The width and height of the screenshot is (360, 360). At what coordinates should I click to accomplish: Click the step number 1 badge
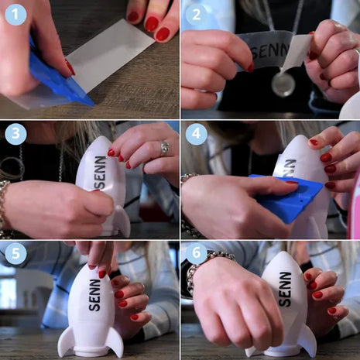point(15,14)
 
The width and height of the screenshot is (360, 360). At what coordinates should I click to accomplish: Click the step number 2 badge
point(196,14)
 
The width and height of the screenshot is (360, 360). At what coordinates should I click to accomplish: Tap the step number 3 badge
point(15,134)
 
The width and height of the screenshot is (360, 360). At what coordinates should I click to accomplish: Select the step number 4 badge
point(196,134)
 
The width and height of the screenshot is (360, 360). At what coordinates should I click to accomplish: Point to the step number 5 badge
point(15,253)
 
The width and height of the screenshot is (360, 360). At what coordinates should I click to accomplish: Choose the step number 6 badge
point(196,253)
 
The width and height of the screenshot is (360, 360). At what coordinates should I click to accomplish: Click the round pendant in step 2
point(283,84)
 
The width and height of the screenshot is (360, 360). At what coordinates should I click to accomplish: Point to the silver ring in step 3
point(164,149)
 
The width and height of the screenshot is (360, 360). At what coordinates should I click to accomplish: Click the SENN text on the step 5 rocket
point(94,295)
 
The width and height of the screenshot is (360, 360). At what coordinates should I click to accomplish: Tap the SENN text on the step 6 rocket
point(285,289)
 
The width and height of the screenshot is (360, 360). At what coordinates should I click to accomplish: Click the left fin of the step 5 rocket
point(65,341)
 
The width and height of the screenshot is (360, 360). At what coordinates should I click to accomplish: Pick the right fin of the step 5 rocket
point(115,342)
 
